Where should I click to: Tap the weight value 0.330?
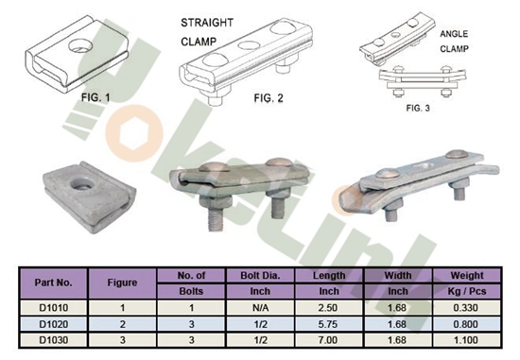point(470,307)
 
